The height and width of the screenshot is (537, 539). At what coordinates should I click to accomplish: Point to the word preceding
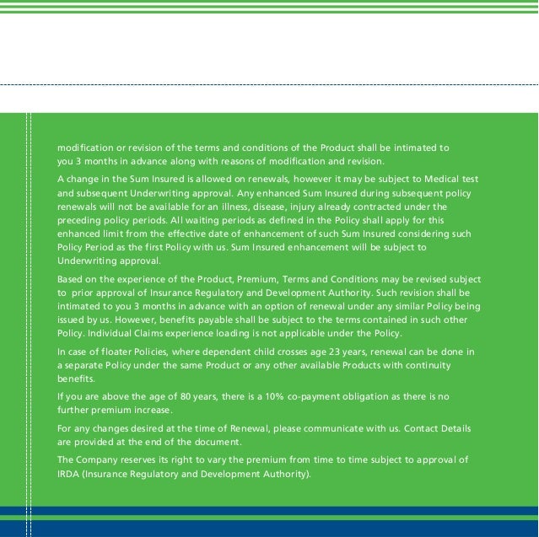click(x=81, y=218)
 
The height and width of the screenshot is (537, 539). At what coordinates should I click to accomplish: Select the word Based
click(x=72, y=278)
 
